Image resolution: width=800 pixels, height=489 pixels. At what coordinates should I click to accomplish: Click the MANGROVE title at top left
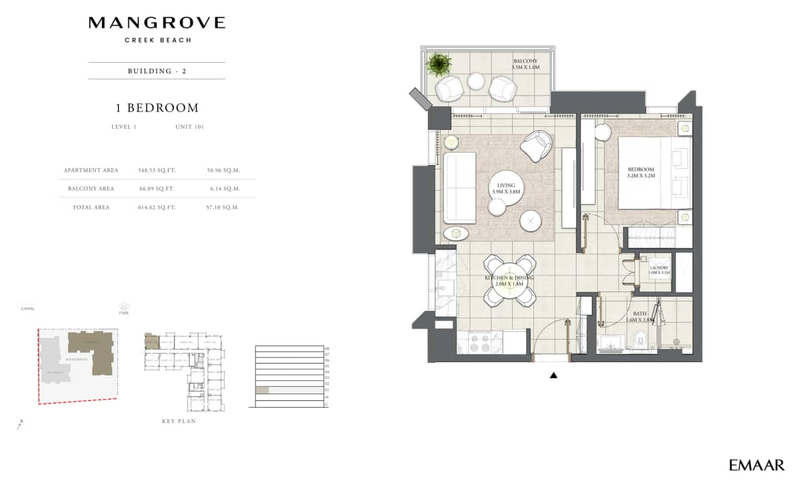(x=157, y=23)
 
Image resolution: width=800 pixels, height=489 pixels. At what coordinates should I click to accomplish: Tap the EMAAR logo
(x=756, y=465)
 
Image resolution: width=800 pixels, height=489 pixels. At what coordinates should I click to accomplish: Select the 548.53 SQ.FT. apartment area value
(x=156, y=170)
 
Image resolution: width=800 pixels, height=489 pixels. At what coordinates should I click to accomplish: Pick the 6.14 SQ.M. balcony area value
(x=223, y=189)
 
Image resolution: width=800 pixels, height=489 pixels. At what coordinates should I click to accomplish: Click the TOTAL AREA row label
(x=91, y=207)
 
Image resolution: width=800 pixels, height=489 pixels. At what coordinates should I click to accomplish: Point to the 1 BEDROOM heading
(x=157, y=107)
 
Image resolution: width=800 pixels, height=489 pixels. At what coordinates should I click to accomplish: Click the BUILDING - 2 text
(x=157, y=71)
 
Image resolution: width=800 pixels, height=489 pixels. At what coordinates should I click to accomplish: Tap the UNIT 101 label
(x=189, y=127)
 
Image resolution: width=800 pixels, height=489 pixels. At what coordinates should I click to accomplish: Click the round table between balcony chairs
(x=476, y=81)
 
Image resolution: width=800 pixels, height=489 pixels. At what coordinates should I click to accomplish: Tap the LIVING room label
(x=505, y=187)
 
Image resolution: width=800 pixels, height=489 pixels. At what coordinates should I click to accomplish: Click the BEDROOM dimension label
(x=641, y=173)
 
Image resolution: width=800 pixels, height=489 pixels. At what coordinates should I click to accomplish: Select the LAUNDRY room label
(x=659, y=270)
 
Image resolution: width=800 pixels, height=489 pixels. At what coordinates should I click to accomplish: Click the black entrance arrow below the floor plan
(x=553, y=376)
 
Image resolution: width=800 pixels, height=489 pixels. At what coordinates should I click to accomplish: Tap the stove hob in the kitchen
(x=479, y=343)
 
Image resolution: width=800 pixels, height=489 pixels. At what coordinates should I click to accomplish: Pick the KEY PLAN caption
(x=179, y=422)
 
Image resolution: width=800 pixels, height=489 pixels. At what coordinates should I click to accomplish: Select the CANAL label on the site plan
(x=27, y=309)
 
